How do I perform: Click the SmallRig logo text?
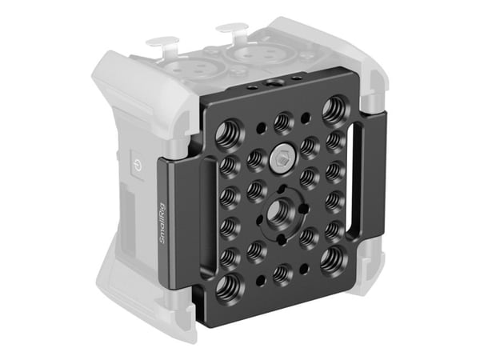(162, 223)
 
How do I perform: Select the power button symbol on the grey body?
(137, 166)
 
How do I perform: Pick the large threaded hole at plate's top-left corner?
(230, 134)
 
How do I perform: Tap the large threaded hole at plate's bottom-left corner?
(230, 288)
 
